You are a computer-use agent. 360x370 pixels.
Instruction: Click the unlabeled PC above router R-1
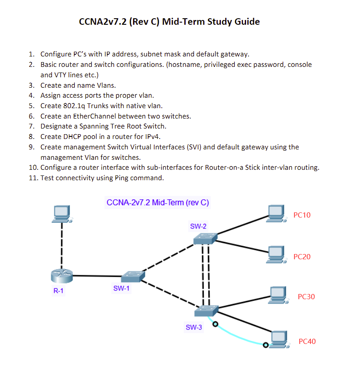(x=61, y=213)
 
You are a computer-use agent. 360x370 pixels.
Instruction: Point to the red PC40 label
(x=307, y=341)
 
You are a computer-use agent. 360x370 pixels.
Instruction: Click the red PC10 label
(x=302, y=215)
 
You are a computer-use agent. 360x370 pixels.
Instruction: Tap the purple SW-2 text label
(x=198, y=226)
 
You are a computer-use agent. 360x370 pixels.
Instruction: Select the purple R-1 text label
(x=58, y=291)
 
